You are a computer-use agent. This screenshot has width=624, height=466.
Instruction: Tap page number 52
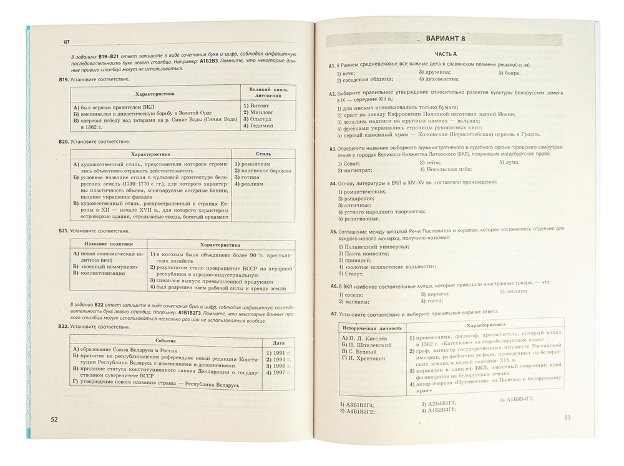pyautogui.click(x=54, y=419)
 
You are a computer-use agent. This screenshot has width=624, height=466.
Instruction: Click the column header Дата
pyautogui.click(x=278, y=342)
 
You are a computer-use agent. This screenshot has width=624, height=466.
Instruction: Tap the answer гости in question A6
pyautogui.click(x=435, y=301)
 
